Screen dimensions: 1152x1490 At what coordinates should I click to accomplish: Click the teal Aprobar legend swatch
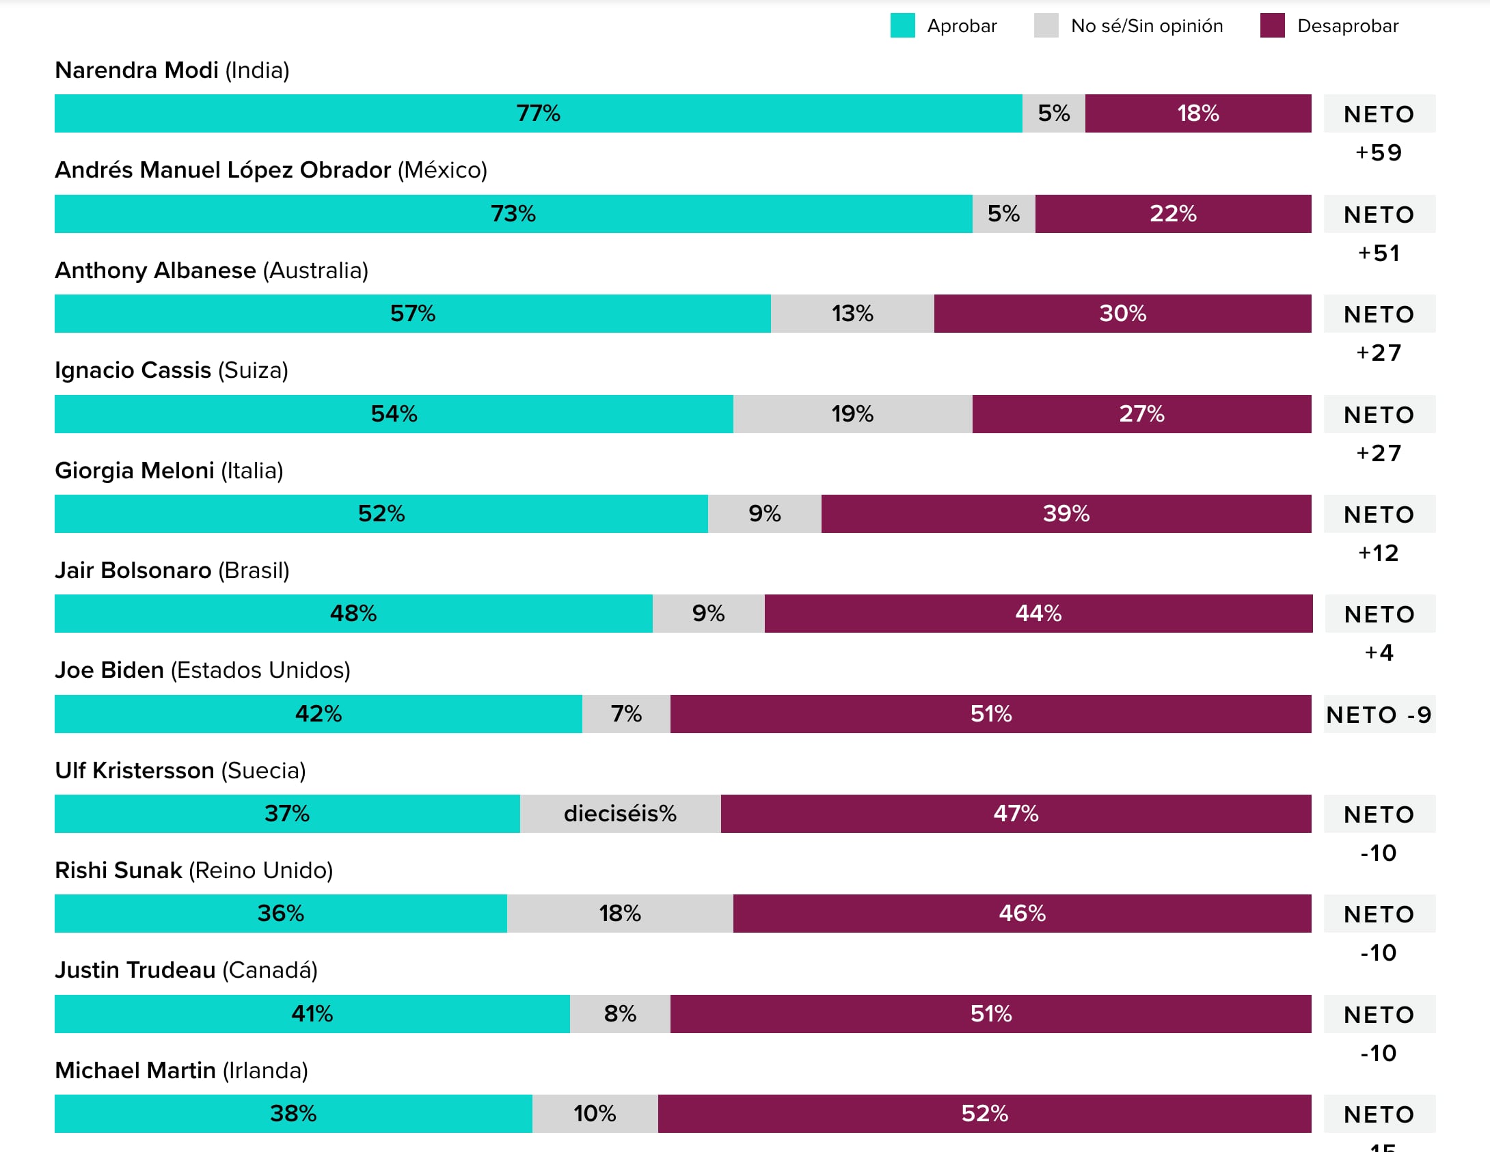pyautogui.click(x=902, y=26)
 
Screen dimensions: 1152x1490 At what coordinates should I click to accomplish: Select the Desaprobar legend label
pyautogui.click(x=1347, y=26)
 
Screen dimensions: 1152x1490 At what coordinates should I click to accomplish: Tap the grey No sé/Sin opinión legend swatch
pyautogui.click(x=1046, y=26)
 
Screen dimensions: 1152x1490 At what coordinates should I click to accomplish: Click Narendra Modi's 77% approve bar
pyautogui.click(x=538, y=113)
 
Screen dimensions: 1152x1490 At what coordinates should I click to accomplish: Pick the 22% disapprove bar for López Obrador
pyautogui.click(x=1173, y=214)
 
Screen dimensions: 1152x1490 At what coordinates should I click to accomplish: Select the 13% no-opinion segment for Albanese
pyautogui.click(x=852, y=314)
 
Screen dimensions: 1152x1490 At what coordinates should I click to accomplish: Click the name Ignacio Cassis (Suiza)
pyautogui.click(x=172, y=370)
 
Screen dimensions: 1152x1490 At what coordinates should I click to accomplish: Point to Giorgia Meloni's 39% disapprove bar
pyautogui.click(x=1066, y=514)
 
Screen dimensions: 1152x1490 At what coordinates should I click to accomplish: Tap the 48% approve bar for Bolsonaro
pyautogui.click(x=353, y=614)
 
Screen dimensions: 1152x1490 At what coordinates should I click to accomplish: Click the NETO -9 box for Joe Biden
pyautogui.click(x=1379, y=715)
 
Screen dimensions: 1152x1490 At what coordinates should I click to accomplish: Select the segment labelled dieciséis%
pyautogui.click(x=620, y=814)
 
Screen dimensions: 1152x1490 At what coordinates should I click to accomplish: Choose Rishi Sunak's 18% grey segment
pyautogui.click(x=620, y=914)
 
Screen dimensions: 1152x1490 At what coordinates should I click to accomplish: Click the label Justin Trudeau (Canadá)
pyautogui.click(x=186, y=970)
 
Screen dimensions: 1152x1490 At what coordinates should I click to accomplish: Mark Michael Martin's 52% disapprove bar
pyautogui.click(x=984, y=1114)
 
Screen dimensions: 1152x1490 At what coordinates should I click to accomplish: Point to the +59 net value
pyautogui.click(x=1379, y=152)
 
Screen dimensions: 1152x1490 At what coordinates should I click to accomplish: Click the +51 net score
pyautogui.click(x=1379, y=253)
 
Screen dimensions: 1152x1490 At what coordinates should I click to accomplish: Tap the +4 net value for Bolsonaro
pyautogui.click(x=1379, y=653)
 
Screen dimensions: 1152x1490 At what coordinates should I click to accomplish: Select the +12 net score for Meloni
pyautogui.click(x=1379, y=553)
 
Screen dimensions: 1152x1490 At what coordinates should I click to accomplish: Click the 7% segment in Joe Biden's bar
pyautogui.click(x=626, y=714)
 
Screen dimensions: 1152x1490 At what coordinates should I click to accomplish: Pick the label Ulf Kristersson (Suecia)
pyautogui.click(x=180, y=771)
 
